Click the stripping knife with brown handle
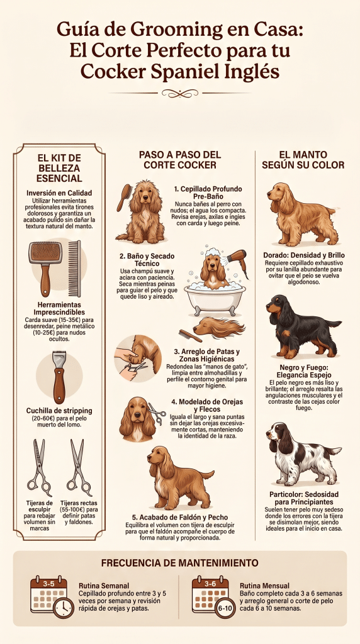click(x=59, y=377)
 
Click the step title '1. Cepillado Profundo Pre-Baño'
click(x=208, y=193)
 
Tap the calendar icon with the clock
click(x=50, y=596)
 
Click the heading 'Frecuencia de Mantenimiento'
click(x=179, y=562)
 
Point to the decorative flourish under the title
click(x=179, y=93)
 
